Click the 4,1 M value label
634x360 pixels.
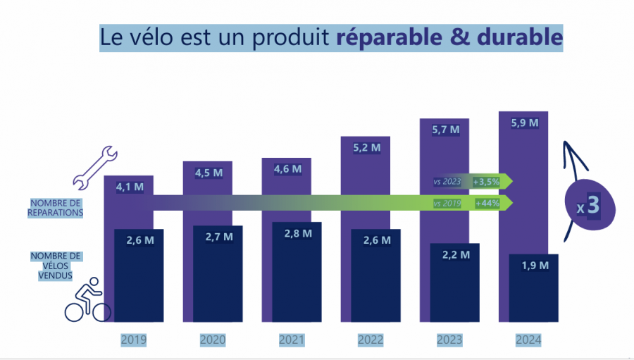130,187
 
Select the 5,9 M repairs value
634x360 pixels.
523,123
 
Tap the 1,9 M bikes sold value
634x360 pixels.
535,265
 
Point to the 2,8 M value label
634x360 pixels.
298,233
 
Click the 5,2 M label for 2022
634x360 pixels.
366,148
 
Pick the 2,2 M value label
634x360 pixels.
456,254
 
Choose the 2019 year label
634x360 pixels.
133,340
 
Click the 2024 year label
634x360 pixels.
528,340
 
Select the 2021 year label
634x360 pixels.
291,340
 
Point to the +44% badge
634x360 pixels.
487,204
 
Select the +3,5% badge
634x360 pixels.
486,182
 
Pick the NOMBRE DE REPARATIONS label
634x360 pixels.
56,207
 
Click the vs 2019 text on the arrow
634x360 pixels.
447,204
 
